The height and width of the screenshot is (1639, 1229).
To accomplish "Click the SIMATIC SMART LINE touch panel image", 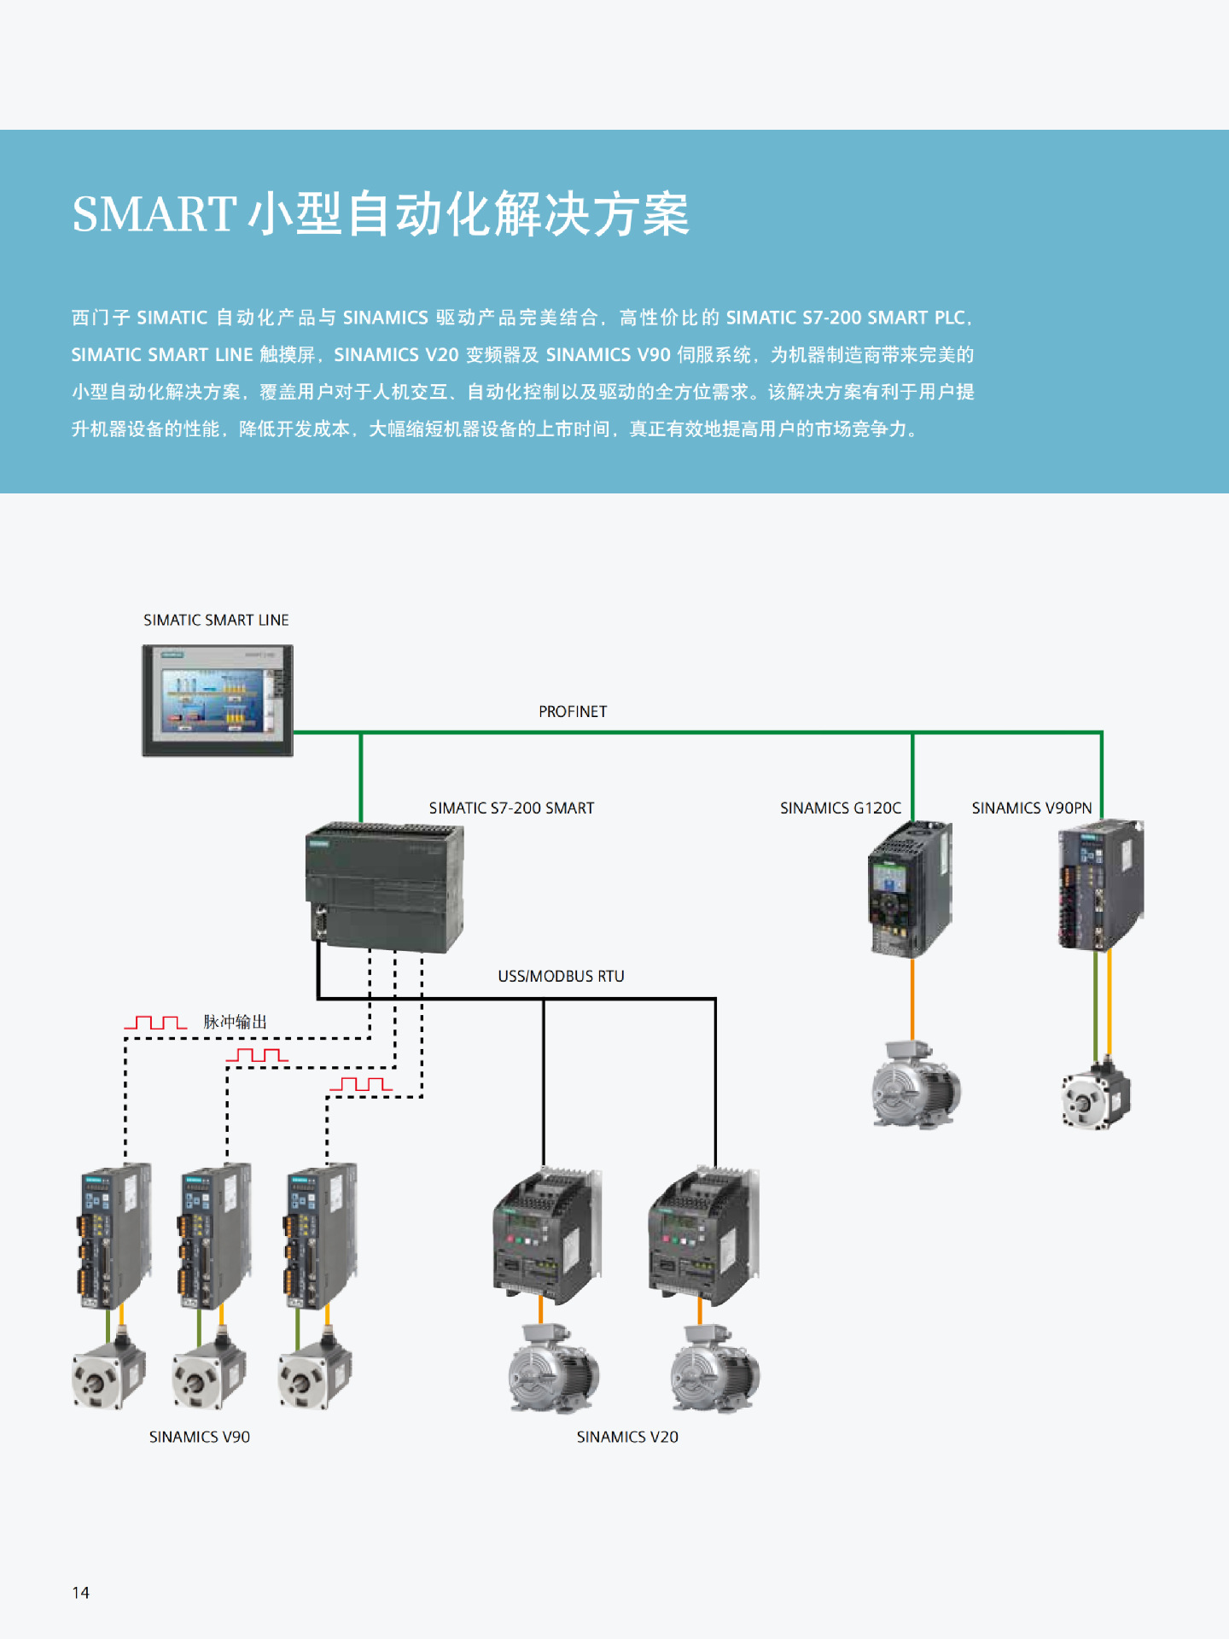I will click(x=218, y=701).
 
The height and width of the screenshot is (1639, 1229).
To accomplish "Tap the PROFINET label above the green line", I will click(x=573, y=712).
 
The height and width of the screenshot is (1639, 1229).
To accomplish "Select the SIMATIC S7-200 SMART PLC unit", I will click(x=384, y=888).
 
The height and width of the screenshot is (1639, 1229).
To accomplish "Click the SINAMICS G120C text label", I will click(x=840, y=808).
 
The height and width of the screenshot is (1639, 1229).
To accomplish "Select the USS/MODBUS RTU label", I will click(x=561, y=977).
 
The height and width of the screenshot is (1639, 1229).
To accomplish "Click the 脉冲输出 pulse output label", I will click(x=236, y=1022).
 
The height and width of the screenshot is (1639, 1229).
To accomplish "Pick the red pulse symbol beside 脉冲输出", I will click(x=155, y=1023).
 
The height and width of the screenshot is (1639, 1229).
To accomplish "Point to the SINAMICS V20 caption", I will click(x=627, y=1438).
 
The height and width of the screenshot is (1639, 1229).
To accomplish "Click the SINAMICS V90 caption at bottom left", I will click(x=200, y=1438).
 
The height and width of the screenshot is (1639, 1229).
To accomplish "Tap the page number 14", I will click(x=81, y=1593).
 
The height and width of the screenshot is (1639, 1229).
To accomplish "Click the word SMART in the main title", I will click(x=154, y=214).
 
